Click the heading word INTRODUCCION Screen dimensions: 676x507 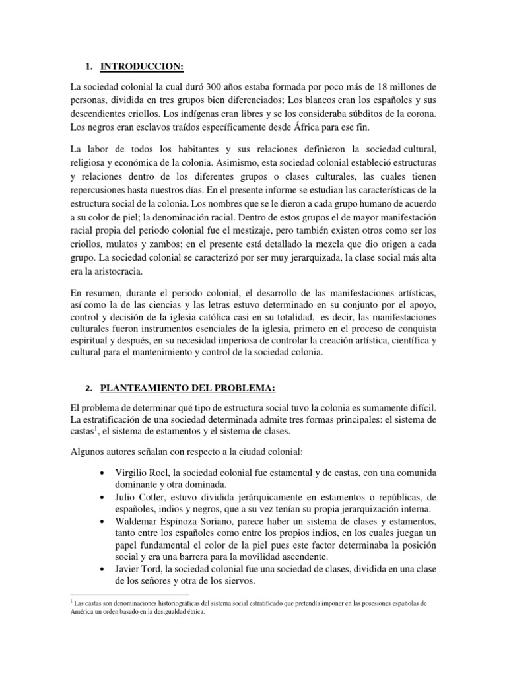(x=141, y=67)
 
